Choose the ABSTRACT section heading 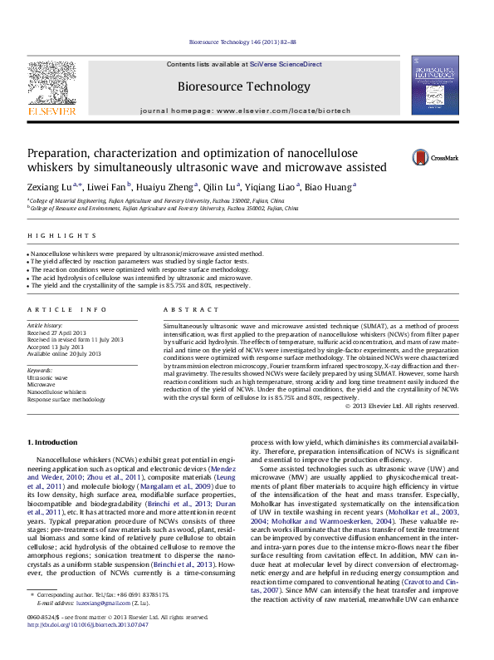point(186,309)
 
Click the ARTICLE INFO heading point(67,309)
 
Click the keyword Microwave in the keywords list point(42,385)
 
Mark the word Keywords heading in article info point(41,370)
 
